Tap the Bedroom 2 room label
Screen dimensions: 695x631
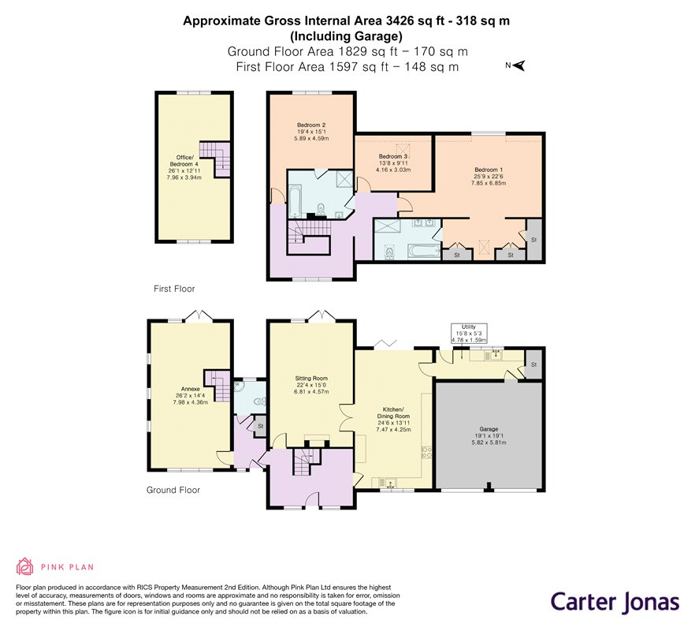tap(311, 132)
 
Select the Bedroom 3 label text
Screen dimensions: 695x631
tap(393, 162)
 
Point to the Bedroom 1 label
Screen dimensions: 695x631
tap(489, 176)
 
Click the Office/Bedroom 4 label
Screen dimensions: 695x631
tap(184, 167)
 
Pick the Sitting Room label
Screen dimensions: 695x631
tap(311, 385)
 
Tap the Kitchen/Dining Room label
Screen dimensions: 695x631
tap(393, 420)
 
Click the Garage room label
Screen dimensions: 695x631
tap(489, 435)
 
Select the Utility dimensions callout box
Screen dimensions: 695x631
tap(469, 334)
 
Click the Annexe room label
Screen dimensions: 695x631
tap(190, 395)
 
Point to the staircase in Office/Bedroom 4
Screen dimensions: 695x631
tap(215, 159)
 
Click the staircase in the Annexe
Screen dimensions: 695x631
tap(217, 386)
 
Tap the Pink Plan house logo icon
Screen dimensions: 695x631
tap(25, 566)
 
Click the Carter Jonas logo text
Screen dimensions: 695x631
tap(615, 602)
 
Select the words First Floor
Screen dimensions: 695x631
tap(174, 289)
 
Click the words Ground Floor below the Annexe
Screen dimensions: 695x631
tap(173, 491)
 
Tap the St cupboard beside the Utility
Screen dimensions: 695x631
tap(533, 364)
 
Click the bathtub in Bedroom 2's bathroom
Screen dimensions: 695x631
tap(295, 202)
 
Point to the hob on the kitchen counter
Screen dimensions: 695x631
tap(426, 453)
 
